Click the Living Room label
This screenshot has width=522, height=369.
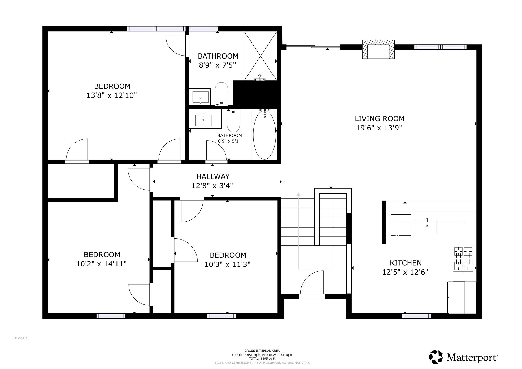(380, 119)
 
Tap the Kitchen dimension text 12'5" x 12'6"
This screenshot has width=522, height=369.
(405, 272)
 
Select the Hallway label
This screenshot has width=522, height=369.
(213, 176)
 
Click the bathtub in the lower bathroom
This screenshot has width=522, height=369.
(265, 135)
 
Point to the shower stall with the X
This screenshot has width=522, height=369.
(260, 56)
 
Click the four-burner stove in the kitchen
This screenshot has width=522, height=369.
(463, 258)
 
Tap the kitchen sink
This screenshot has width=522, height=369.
(426, 226)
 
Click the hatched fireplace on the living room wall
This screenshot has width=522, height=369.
(379, 49)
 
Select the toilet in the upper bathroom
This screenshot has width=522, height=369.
(221, 94)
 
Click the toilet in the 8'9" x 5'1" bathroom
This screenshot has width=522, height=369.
(233, 121)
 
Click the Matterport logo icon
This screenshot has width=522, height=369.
(436, 357)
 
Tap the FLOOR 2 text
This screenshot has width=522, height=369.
(21, 338)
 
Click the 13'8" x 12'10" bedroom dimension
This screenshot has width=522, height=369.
(112, 95)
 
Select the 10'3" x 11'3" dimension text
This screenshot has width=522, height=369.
(227, 265)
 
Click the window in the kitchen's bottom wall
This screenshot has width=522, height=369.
(416, 316)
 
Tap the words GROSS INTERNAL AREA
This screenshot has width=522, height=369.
(262, 351)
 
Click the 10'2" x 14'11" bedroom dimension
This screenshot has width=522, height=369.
(101, 264)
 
